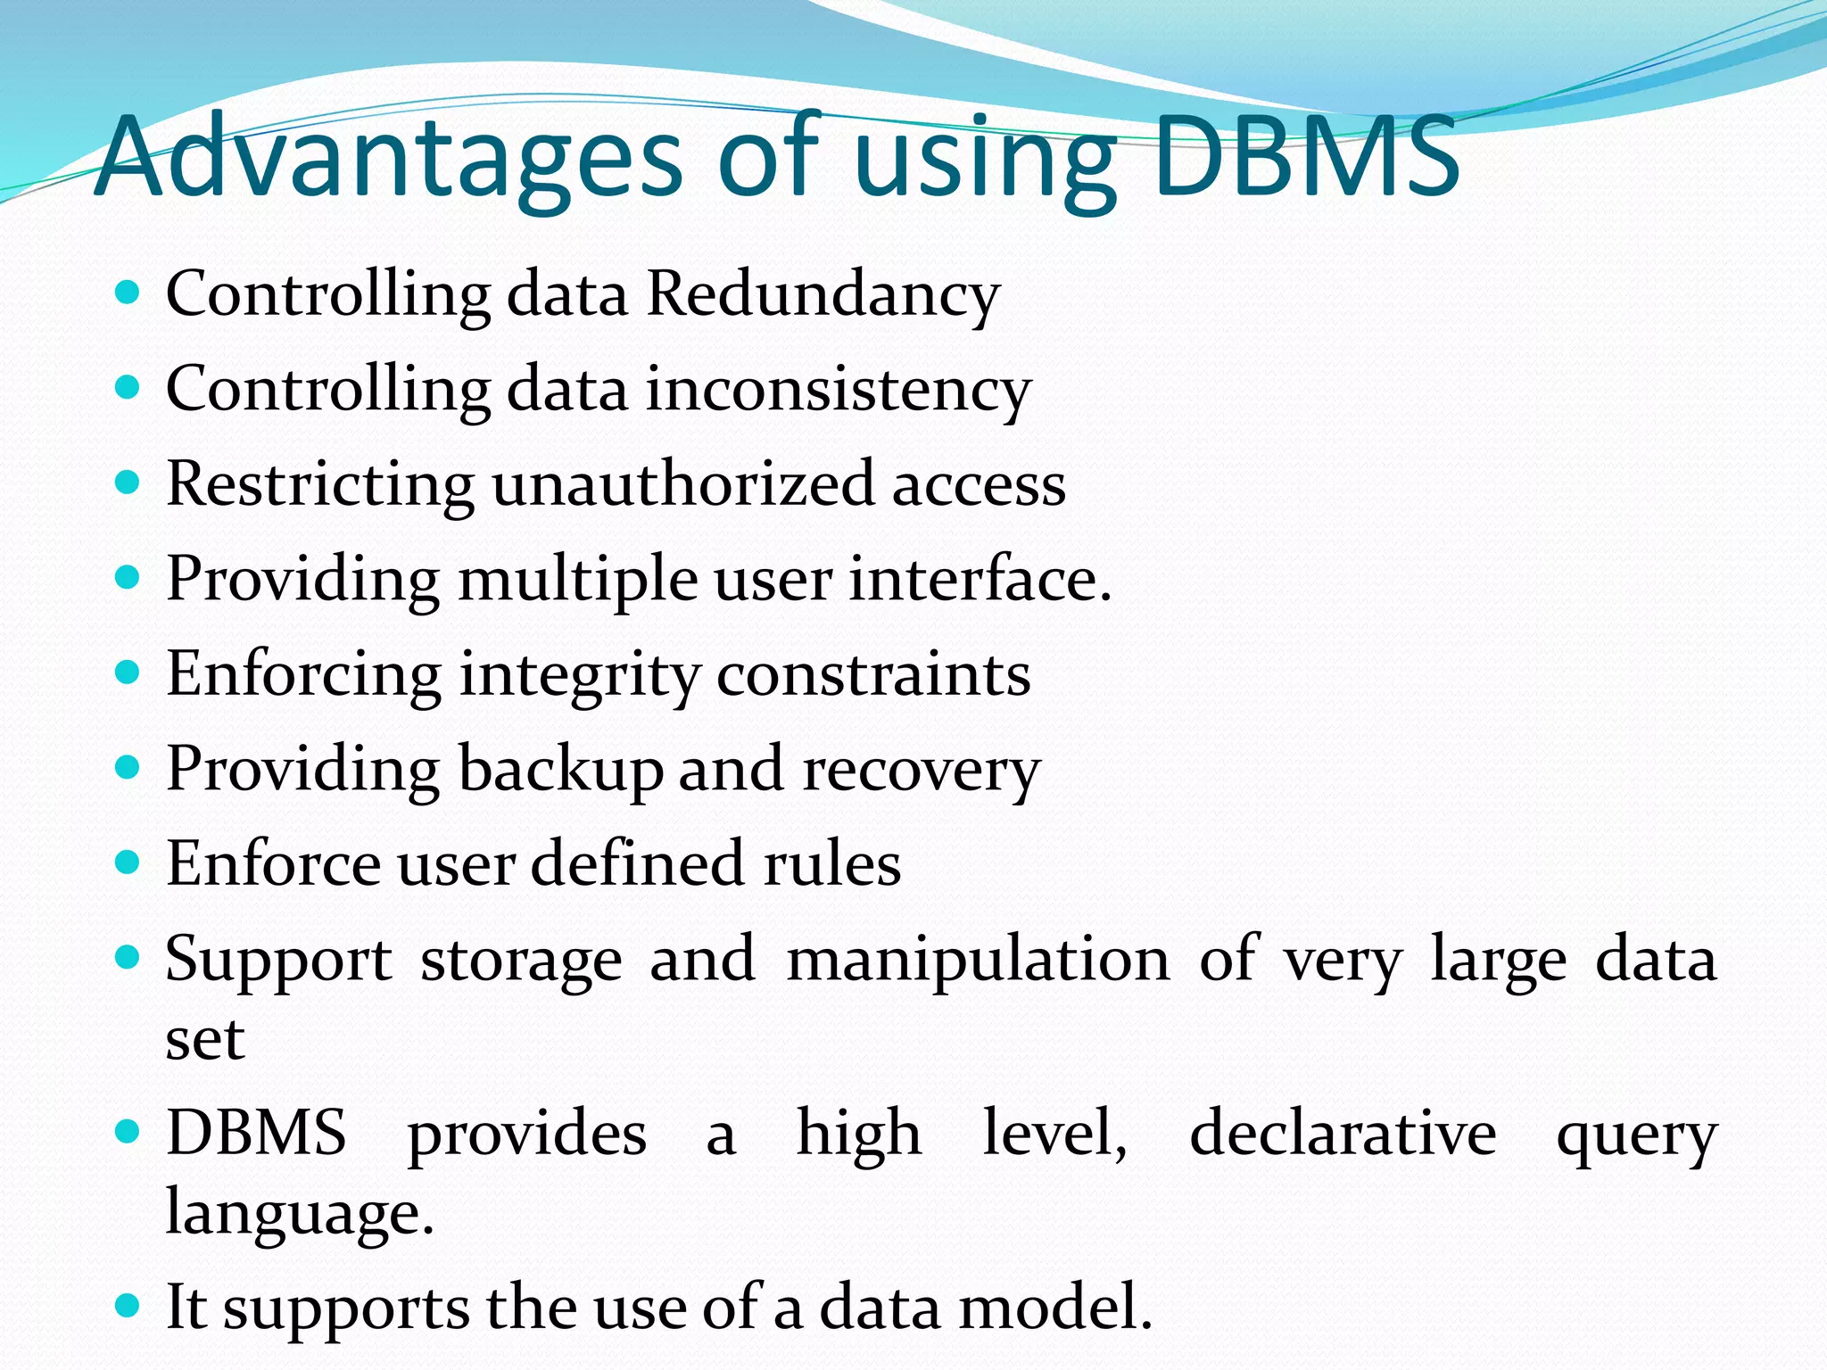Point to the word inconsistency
point(839,391)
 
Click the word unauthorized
point(682,484)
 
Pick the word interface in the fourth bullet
point(979,580)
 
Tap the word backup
point(560,769)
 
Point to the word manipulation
point(978,960)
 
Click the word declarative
point(1343,1134)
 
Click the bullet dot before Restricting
point(128,483)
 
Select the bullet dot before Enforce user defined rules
point(128,862)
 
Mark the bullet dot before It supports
point(128,1307)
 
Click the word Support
point(278,960)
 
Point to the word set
point(205,1040)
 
